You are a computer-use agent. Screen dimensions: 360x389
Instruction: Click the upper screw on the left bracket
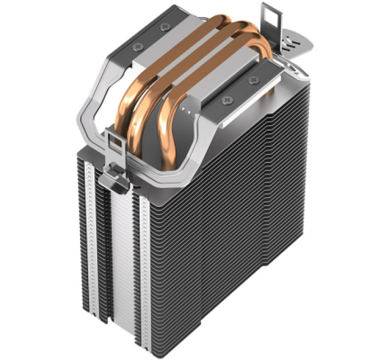tap(166, 26)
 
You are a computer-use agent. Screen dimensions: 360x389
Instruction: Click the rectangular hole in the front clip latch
tap(114, 144)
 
